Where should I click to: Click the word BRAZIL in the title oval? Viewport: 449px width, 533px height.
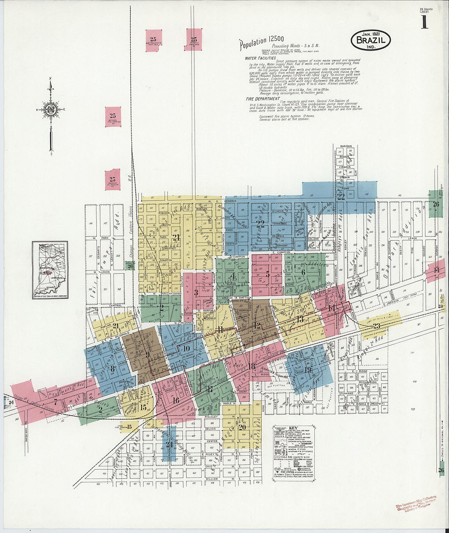(370, 40)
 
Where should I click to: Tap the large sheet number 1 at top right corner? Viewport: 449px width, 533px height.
(425, 23)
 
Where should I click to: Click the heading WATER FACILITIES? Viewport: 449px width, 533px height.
(258, 58)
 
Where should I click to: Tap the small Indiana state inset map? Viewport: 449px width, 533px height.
(50, 270)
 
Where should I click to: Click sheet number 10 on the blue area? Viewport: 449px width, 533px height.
(186, 348)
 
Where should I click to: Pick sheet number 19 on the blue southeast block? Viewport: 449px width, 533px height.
(308, 370)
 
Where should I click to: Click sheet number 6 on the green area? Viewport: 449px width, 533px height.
(303, 272)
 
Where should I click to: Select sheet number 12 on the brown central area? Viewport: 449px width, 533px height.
(257, 326)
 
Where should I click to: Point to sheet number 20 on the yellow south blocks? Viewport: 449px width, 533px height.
(242, 427)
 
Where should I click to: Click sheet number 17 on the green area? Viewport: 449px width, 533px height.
(210, 389)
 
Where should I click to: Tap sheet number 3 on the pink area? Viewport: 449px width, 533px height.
(196, 292)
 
